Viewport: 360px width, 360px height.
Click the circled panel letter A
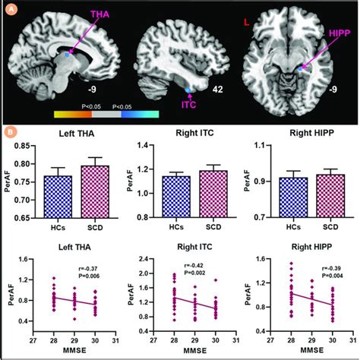(x=9, y=8)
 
